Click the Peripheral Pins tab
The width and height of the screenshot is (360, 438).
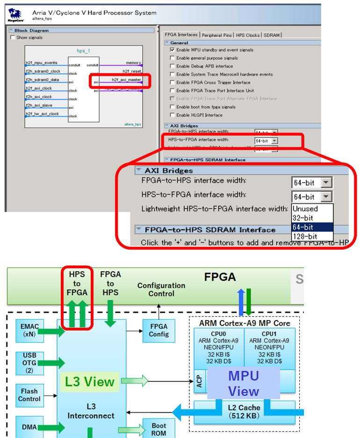(x=217, y=35)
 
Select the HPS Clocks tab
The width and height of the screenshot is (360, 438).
(x=247, y=35)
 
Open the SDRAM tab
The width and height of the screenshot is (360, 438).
(x=272, y=35)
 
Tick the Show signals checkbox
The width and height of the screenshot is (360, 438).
(x=13, y=37)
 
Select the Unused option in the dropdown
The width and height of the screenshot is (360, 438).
(x=305, y=208)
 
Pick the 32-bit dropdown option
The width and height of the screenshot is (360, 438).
(x=305, y=218)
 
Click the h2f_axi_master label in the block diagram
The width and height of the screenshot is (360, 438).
(x=126, y=80)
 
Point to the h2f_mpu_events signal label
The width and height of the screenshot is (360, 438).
(x=42, y=62)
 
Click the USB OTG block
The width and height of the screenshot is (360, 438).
(x=29, y=362)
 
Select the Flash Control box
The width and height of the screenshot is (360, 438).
(x=29, y=395)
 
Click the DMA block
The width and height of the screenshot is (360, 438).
(x=29, y=427)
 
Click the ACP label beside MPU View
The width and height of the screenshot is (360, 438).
(x=199, y=383)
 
